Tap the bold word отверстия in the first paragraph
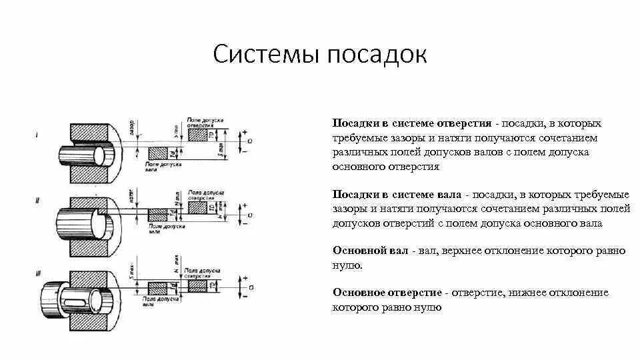[x=464, y=124]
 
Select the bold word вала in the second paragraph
[x=451, y=195]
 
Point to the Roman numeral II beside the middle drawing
[x=37, y=199]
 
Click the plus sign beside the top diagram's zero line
[x=245, y=133]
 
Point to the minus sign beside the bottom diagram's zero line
[x=245, y=295]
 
